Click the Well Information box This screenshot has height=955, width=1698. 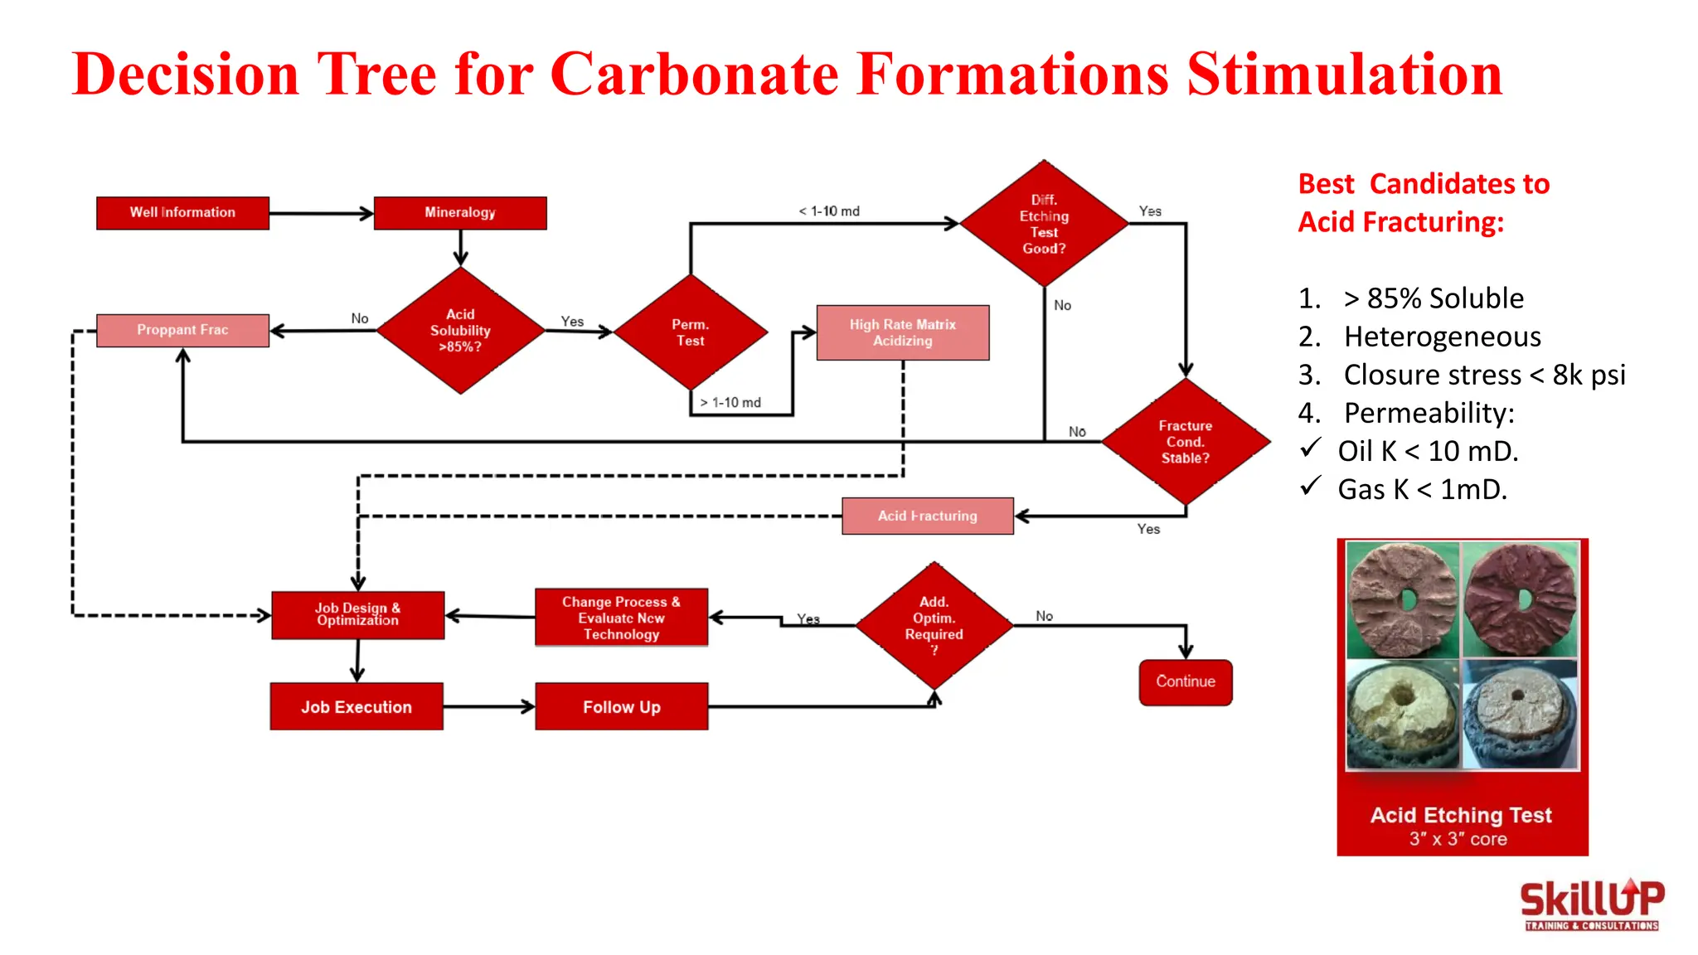pos(182,212)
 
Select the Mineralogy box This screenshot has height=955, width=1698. pos(460,212)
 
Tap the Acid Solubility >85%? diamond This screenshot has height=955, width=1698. pos(460,330)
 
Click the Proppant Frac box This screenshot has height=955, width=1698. pos(182,330)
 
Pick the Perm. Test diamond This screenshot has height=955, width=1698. pos(690,332)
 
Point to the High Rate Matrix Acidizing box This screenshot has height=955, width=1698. pos(902,332)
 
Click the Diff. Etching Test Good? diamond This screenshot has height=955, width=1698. pos(1044,224)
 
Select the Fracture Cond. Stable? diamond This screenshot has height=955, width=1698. pos(1186,442)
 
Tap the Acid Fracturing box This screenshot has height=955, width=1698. pos(927,516)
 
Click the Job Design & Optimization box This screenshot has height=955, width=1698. pos(357,615)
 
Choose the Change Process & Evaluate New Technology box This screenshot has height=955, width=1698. pos(621,618)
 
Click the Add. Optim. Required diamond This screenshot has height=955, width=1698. pos(934,625)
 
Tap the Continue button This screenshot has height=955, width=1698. pos(1186,682)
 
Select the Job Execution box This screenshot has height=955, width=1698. pos(357,707)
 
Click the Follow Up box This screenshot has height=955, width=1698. pos(621,707)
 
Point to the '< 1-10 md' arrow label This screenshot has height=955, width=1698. pos(829,211)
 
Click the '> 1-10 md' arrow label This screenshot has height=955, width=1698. pos(730,403)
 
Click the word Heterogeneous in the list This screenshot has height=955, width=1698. pos(1442,337)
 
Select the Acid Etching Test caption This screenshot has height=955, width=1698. pos(1461,816)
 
